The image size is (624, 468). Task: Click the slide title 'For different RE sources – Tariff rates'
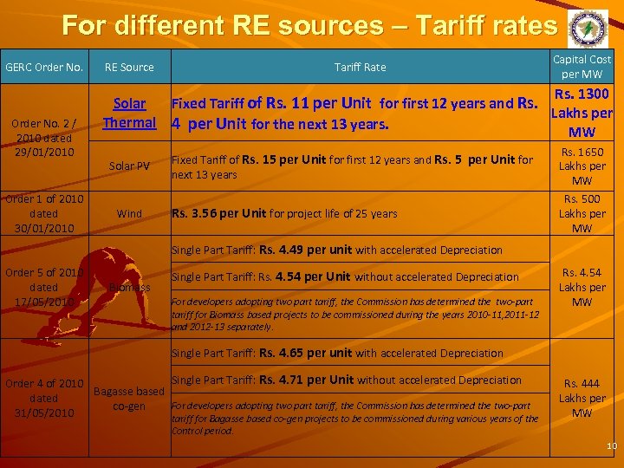click(x=309, y=25)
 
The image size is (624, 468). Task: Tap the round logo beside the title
click(x=588, y=29)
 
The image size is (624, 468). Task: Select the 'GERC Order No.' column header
click(x=44, y=67)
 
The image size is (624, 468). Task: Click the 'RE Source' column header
click(x=129, y=67)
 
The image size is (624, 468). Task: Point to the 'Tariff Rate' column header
click(x=361, y=67)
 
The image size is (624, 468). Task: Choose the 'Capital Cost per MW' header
click(x=582, y=67)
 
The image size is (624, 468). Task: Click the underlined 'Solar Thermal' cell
click(x=129, y=114)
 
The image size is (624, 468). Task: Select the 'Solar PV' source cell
click(x=129, y=166)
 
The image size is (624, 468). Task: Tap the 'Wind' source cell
click(x=129, y=213)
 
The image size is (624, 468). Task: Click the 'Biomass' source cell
click(x=129, y=287)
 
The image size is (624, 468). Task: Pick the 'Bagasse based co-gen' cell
click(x=129, y=399)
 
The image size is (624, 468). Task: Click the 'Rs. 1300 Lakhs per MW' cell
click(x=582, y=113)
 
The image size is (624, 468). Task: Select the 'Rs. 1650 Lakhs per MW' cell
click(x=582, y=166)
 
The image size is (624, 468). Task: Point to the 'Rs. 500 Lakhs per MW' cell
click(x=582, y=213)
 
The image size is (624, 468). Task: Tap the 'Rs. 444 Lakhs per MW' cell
click(x=582, y=398)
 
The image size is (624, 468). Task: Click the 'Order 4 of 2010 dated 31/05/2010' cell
click(x=44, y=398)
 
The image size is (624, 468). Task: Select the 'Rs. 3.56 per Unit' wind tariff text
click(x=220, y=213)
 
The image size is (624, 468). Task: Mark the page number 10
click(x=611, y=446)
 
